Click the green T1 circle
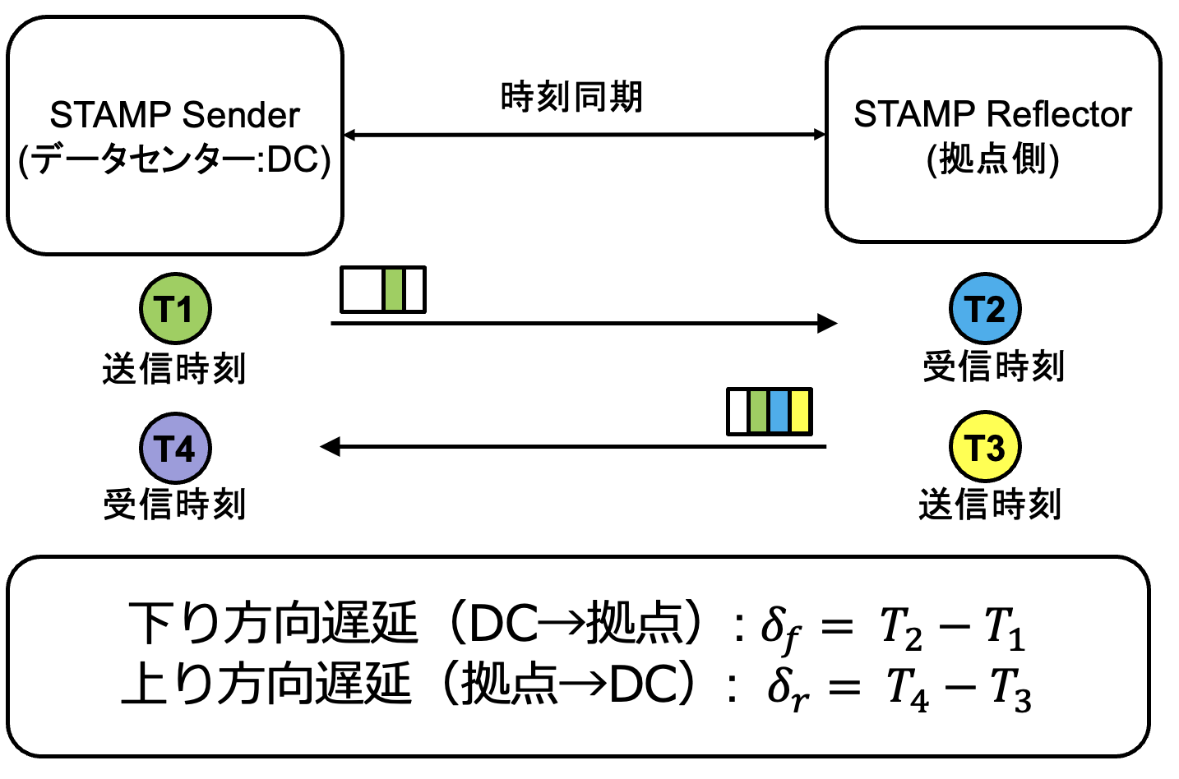pyautogui.click(x=175, y=308)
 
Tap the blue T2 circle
pyautogui.click(x=985, y=308)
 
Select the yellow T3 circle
pyautogui.click(x=985, y=447)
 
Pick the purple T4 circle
pyautogui.click(x=175, y=448)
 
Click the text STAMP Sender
pyautogui.click(x=174, y=115)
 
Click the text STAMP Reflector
pyautogui.click(x=992, y=114)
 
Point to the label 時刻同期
pyautogui.click(x=571, y=97)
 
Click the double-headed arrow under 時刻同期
pyautogui.click(x=584, y=135)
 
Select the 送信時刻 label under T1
pyautogui.click(x=174, y=368)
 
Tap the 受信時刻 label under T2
pyautogui.click(x=993, y=366)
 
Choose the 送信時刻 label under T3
pyautogui.click(x=990, y=504)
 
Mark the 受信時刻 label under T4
pyautogui.click(x=174, y=504)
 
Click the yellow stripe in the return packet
pyautogui.click(x=799, y=412)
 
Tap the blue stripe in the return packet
pyautogui.click(x=779, y=412)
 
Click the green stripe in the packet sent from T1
pyautogui.click(x=394, y=289)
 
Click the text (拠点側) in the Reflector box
pyautogui.click(x=992, y=159)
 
